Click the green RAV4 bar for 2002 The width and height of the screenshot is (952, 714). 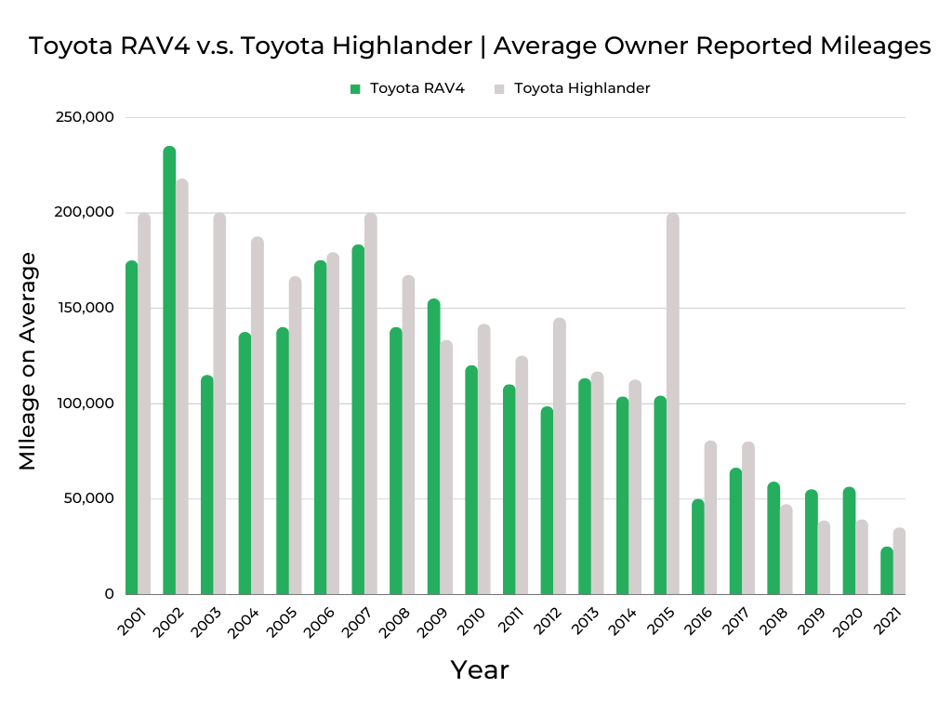coord(169,372)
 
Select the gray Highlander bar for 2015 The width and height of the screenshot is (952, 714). coord(672,404)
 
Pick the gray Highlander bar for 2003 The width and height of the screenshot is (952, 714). coord(219,404)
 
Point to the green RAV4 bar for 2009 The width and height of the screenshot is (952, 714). coord(433,447)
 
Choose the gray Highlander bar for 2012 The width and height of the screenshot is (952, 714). coord(559,456)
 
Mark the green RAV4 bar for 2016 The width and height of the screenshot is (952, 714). coord(698,548)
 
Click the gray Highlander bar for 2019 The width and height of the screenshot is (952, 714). coord(824,558)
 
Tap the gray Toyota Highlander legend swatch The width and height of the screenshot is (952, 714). coord(499,89)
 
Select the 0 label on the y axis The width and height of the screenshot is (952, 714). coord(109,594)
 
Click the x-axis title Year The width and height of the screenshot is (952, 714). coord(480,669)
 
